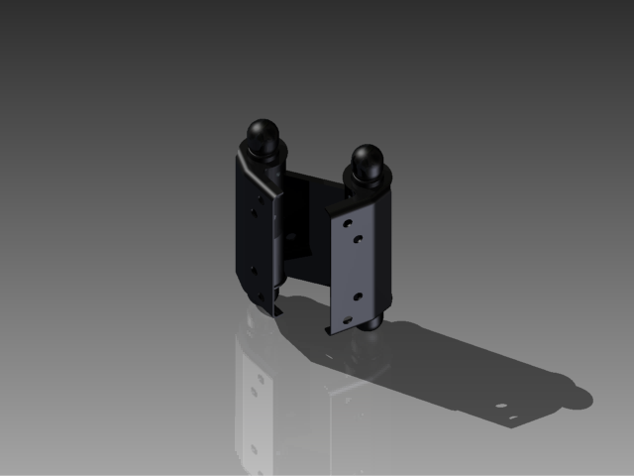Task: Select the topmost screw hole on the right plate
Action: click(348, 224)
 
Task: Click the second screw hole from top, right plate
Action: click(359, 238)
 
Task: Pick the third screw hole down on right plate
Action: click(358, 295)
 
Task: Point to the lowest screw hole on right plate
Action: click(347, 317)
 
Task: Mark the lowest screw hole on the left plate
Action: click(263, 294)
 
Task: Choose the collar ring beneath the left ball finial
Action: click(264, 153)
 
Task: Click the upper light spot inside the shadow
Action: click(501, 405)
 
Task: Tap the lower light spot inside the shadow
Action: click(513, 416)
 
